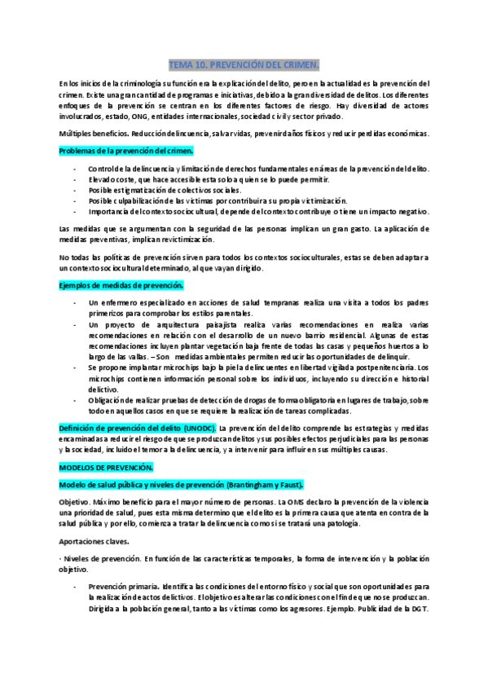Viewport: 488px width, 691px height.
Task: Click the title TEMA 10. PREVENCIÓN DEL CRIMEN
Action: [244, 64]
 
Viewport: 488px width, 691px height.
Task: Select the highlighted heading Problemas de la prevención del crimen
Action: [126, 151]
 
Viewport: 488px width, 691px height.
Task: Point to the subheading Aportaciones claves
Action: [94, 541]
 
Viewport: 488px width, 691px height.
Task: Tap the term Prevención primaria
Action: [123, 587]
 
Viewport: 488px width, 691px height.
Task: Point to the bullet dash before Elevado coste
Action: [74, 179]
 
